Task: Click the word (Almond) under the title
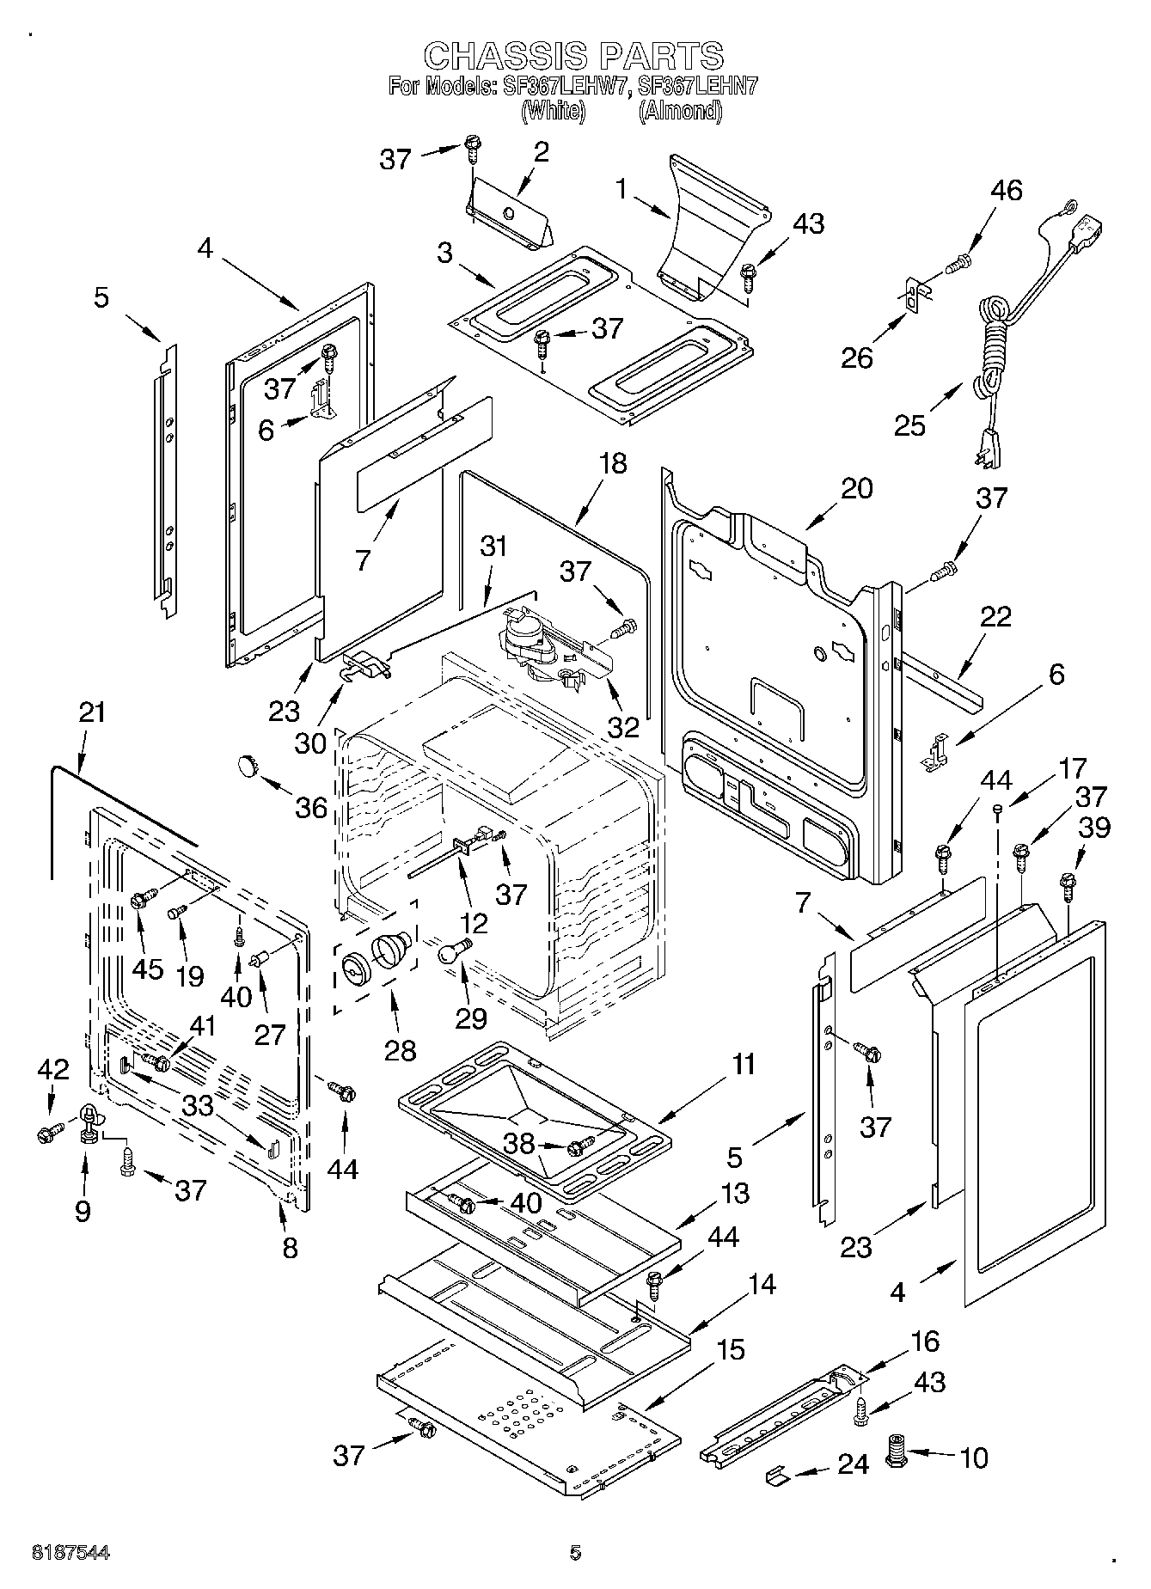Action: coord(679,111)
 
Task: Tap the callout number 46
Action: coord(1005,191)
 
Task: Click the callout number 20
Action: coord(856,488)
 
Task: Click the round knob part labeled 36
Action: coord(248,764)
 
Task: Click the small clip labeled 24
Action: coord(777,1475)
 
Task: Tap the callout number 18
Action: coord(613,464)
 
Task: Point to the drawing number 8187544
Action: coord(70,1552)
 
